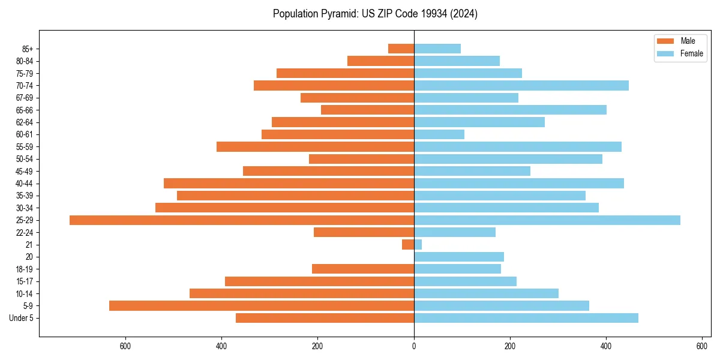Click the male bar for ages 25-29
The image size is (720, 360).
(242, 220)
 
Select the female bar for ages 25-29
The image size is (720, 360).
(547, 220)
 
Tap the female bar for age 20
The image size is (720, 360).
(459, 257)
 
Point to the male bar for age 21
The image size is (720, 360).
(408, 245)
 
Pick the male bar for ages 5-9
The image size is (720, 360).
(262, 306)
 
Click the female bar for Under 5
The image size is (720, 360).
(526, 318)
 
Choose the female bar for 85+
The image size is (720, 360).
(437, 49)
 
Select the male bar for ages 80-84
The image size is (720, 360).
(380, 61)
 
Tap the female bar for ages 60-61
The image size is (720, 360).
(439, 134)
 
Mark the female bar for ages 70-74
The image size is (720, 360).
(521, 86)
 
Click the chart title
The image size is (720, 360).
(375, 14)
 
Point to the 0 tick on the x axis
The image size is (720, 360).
(414, 346)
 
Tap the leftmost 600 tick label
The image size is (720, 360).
(125, 346)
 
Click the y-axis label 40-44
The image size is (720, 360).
(24, 184)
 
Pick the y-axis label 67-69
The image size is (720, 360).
(24, 98)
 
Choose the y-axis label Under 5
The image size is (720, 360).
(21, 318)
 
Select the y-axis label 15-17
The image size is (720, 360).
(24, 281)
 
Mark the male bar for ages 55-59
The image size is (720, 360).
(315, 147)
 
